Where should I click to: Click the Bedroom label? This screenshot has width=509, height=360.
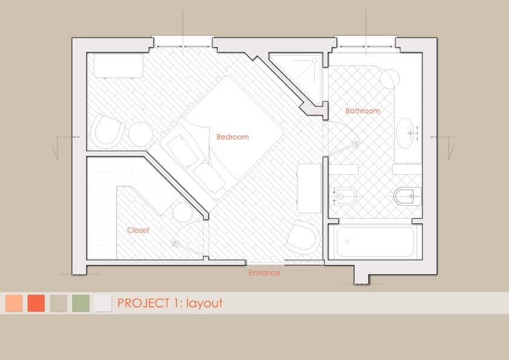point(232,137)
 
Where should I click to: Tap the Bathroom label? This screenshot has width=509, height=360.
point(363,111)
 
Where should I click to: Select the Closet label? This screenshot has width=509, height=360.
point(138,230)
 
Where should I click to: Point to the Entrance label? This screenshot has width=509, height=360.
point(264,273)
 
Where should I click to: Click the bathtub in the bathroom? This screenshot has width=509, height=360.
point(375,241)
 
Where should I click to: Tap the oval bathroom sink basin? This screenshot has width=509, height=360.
point(405,133)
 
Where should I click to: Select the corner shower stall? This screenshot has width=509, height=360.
point(297,78)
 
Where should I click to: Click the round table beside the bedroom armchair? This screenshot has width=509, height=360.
point(141,134)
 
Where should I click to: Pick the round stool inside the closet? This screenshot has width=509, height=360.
point(183,212)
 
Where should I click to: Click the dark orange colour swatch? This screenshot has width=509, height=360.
point(36,303)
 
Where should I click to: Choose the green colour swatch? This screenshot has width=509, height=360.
point(80,303)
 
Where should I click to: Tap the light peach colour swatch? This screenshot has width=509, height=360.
point(14,303)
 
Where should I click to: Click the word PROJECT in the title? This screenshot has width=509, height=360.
point(143,303)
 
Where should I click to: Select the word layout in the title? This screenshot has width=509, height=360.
point(204,304)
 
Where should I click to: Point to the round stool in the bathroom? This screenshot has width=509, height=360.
point(389,78)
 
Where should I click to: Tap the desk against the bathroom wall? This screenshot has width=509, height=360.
point(310,188)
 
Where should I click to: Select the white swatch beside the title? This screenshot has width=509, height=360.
point(103,303)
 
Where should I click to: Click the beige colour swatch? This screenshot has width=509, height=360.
point(59,303)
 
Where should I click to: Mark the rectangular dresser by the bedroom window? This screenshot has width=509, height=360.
point(118,65)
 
